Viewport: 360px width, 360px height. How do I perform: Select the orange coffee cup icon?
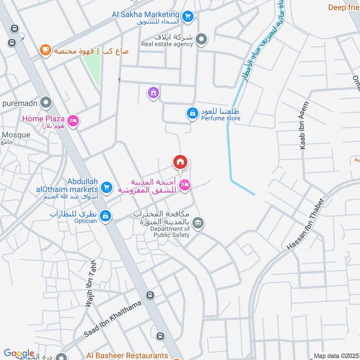coord(45,50)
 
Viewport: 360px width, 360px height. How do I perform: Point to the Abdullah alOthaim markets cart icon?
coord(106,187)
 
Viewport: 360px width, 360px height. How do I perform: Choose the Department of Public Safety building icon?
coord(198,222)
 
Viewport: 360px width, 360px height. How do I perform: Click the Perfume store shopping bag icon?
coord(192,113)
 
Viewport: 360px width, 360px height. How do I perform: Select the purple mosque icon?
coord(154,93)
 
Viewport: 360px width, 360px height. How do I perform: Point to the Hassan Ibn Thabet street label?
coord(306,225)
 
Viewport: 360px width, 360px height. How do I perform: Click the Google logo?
coord(19,354)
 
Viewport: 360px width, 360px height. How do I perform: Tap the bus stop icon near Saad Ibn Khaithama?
coord(150,295)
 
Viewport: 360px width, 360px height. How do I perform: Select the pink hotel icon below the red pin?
coord(184,184)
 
